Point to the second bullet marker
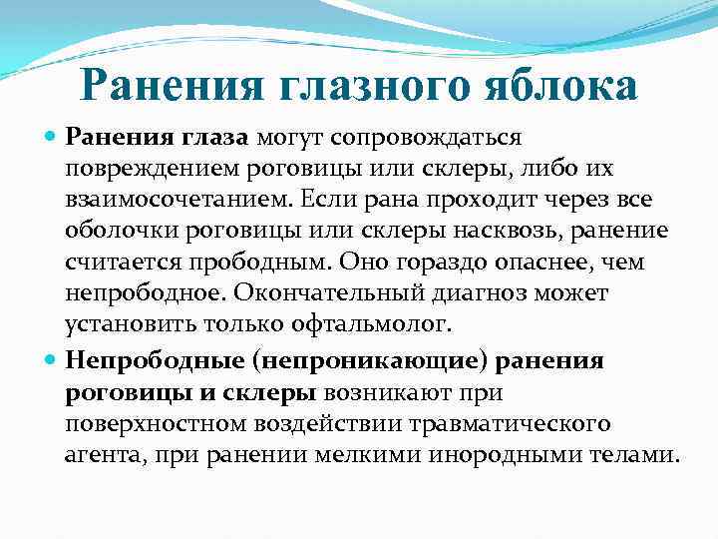click(52, 359)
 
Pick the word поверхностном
click(152, 423)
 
